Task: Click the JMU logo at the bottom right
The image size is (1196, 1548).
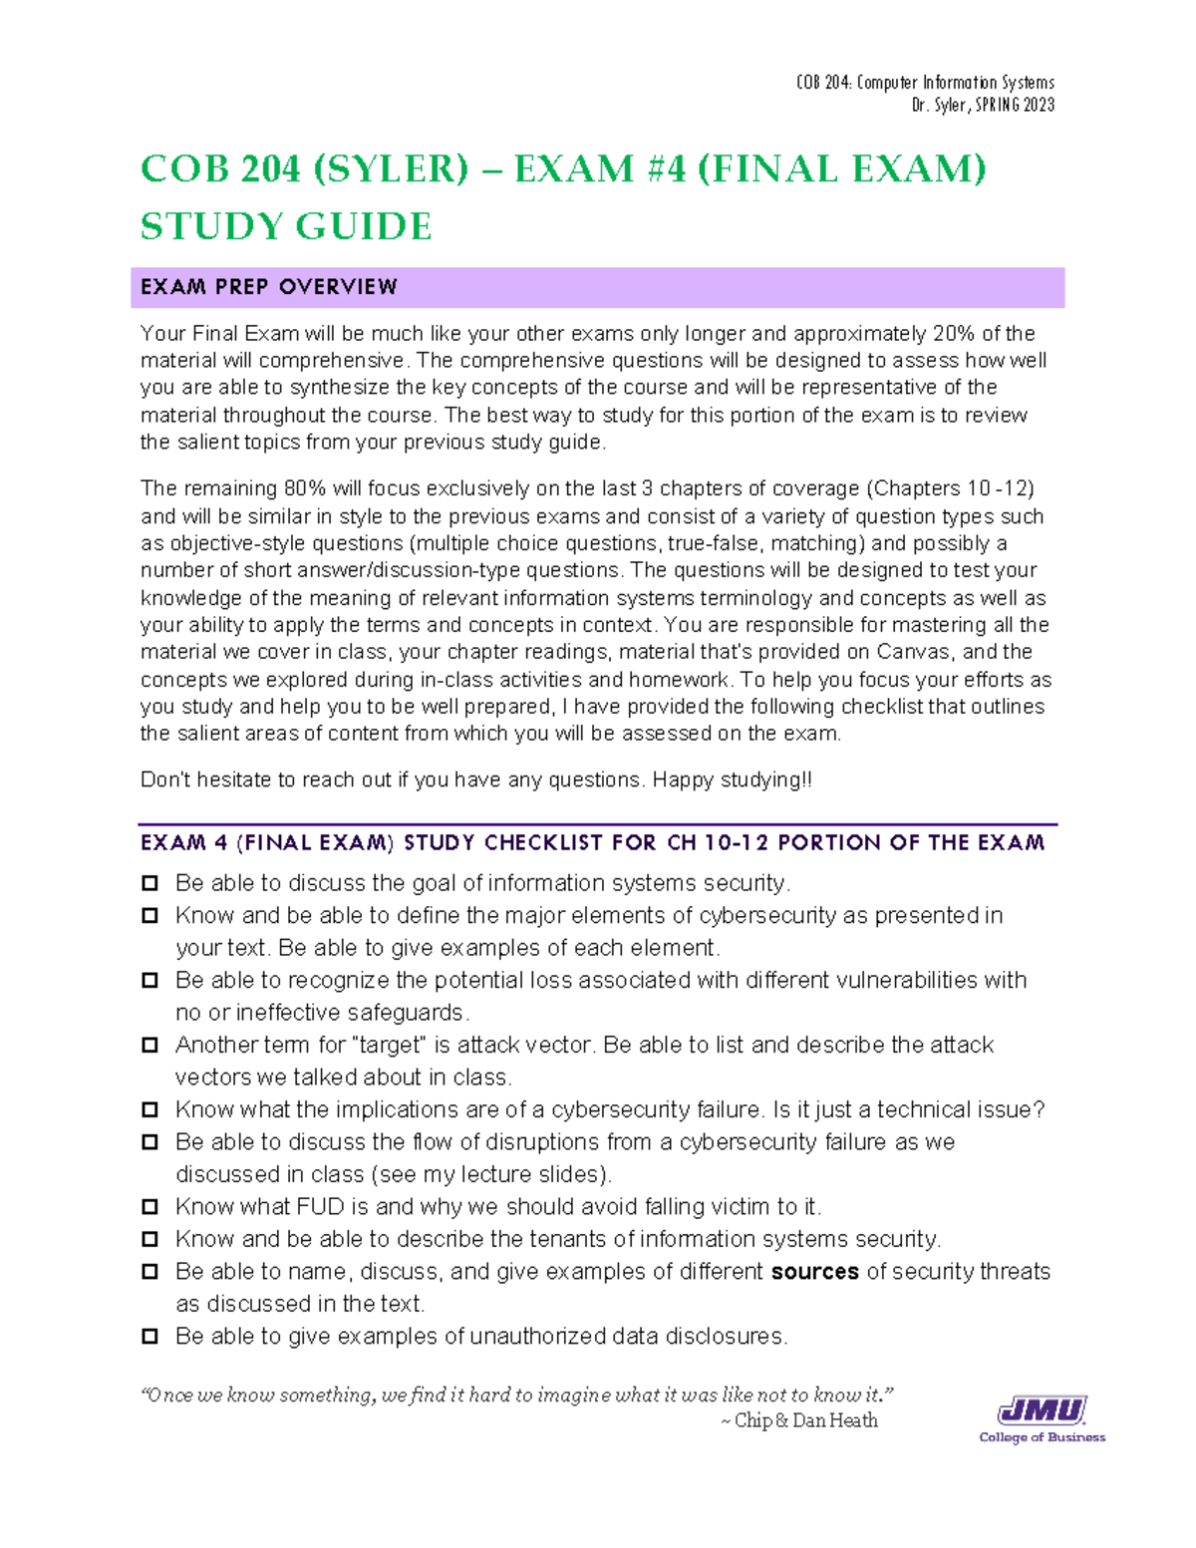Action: pyautogui.click(x=1042, y=1410)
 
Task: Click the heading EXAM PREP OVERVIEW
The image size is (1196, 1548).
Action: pyautogui.click(x=268, y=287)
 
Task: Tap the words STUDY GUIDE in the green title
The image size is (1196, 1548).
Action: pyautogui.click(x=286, y=226)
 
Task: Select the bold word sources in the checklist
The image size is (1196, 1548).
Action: pyautogui.click(x=814, y=1272)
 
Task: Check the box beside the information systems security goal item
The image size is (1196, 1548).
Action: pyautogui.click(x=149, y=883)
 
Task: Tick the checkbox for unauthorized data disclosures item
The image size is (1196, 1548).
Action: pyautogui.click(x=149, y=1337)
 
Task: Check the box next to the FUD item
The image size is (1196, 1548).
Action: pyautogui.click(x=149, y=1207)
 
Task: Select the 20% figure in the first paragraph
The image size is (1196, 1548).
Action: pyautogui.click(x=954, y=333)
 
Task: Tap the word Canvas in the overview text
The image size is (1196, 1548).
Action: pyautogui.click(x=914, y=652)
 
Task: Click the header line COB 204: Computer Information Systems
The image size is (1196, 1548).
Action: pyautogui.click(x=924, y=83)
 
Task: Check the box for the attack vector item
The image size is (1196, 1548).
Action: pyautogui.click(x=149, y=1045)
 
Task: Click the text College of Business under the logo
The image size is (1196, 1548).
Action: pyautogui.click(x=1042, y=1437)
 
